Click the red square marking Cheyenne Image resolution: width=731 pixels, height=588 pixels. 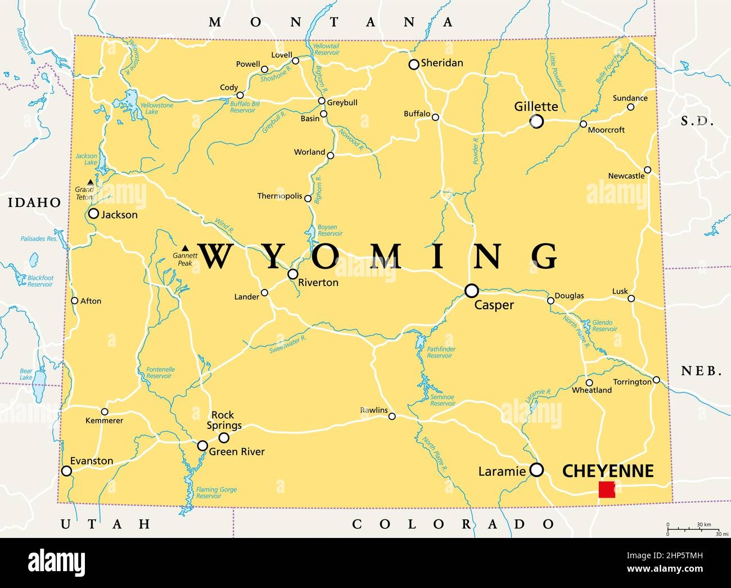(x=607, y=489)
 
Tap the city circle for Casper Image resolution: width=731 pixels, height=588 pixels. (x=471, y=291)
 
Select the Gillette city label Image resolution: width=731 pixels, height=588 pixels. (x=536, y=106)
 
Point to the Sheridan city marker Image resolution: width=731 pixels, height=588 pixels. (x=414, y=65)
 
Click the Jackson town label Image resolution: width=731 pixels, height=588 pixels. (x=119, y=214)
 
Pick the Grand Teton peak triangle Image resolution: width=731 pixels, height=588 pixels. (x=91, y=182)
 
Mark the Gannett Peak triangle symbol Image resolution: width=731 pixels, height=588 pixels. (x=186, y=248)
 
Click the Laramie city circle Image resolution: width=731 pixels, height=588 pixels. (x=537, y=469)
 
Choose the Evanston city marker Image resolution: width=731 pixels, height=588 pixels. (x=67, y=471)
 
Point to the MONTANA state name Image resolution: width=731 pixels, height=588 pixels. (x=331, y=22)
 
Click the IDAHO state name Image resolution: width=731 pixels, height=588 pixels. (x=34, y=202)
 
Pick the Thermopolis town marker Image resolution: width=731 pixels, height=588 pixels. (x=308, y=198)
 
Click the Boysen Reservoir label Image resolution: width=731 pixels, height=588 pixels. (x=331, y=230)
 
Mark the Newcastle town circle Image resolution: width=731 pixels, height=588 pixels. (x=647, y=170)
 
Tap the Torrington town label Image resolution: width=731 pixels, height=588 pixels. (x=632, y=382)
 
